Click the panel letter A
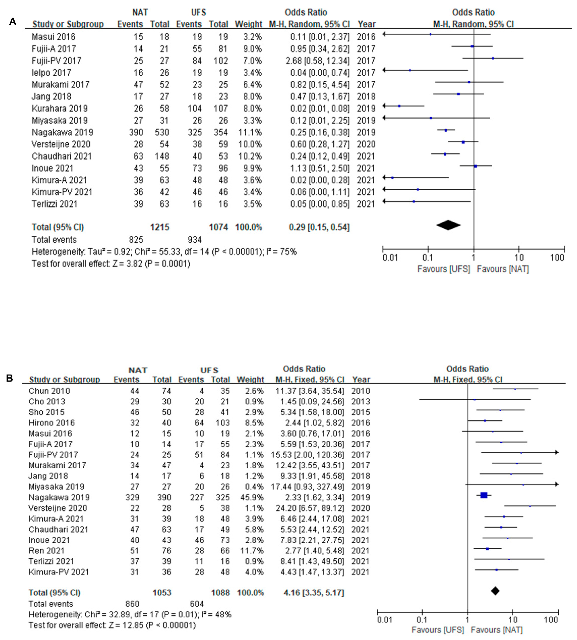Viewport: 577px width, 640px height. click(x=13, y=22)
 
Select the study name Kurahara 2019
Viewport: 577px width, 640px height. click(x=60, y=108)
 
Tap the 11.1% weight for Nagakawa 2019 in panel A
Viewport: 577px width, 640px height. click(x=250, y=132)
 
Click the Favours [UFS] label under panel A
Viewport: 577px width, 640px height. click(x=443, y=269)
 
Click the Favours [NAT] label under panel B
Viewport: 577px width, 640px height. click(x=497, y=630)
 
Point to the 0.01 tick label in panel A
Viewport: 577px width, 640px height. click(x=390, y=258)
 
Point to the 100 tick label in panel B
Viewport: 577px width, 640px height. click(x=551, y=620)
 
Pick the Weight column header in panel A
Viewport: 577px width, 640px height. click(x=248, y=24)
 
